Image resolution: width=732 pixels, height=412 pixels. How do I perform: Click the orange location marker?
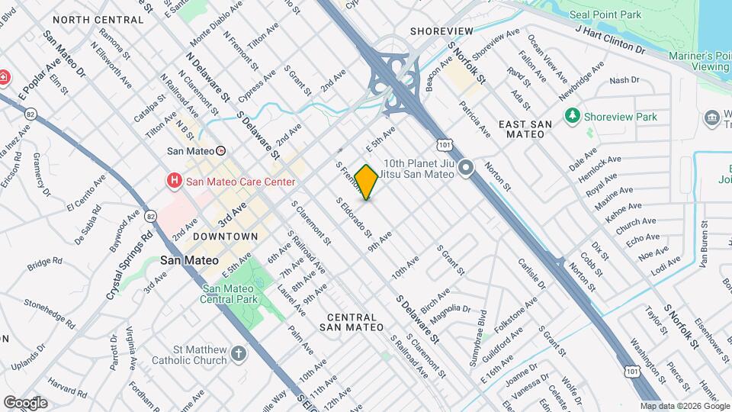(x=367, y=182)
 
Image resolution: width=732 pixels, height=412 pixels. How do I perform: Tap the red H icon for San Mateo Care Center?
(x=175, y=181)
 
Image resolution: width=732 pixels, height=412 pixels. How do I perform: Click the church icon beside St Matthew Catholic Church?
(x=239, y=353)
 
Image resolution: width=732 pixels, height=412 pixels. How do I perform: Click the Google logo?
(x=25, y=402)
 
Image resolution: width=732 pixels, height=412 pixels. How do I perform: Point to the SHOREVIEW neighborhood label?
(x=441, y=31)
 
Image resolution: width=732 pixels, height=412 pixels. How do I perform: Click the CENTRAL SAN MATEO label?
(x=351, y=321)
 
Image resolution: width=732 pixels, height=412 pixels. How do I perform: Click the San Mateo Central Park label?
(x=233, y=295)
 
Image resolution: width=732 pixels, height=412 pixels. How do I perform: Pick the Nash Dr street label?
(x=624, y=80)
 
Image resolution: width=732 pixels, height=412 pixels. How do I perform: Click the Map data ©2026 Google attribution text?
(x=685, y=406)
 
